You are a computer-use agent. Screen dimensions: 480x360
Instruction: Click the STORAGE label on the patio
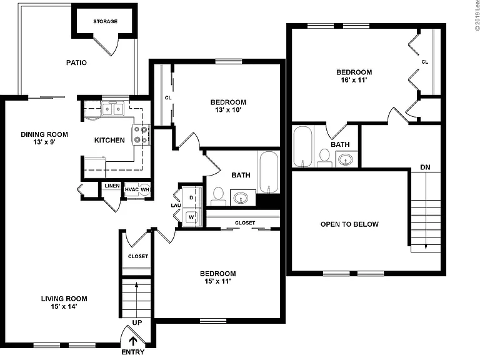[x=105, y=21]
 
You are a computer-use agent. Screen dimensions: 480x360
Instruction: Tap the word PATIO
[x=76, y=62]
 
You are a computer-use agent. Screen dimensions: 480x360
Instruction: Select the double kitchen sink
[x=112, y=109]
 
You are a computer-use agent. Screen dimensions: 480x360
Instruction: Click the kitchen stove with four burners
[x=141, y=135]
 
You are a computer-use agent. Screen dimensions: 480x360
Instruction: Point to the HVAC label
[x=132, y=189]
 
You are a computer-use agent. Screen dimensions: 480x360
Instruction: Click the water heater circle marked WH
[x=145, y=190]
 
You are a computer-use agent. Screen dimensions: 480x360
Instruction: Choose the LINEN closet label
[x=112, y=186]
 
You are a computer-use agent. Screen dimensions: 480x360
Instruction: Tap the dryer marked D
[x=192, y=197]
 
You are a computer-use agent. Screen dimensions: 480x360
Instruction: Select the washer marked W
[x=192, y=217]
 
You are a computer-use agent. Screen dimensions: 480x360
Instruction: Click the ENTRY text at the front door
[x=133, y=352]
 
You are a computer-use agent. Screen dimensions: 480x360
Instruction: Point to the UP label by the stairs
[x=137, y=322]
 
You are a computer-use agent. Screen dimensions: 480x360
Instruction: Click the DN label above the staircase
[x=425, y=167]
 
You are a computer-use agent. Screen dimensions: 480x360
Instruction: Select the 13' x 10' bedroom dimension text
[x=228, y=110]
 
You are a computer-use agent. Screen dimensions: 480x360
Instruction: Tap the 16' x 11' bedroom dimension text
[x=354, y=80]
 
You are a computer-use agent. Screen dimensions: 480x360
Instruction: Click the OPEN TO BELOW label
[x=349, y=224]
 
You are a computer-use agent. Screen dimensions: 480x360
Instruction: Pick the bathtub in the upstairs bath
[x=302, y=147]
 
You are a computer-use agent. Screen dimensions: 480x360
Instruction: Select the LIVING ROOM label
[x=64, y=299]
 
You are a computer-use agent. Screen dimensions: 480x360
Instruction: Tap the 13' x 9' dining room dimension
[x=44, y=142]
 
